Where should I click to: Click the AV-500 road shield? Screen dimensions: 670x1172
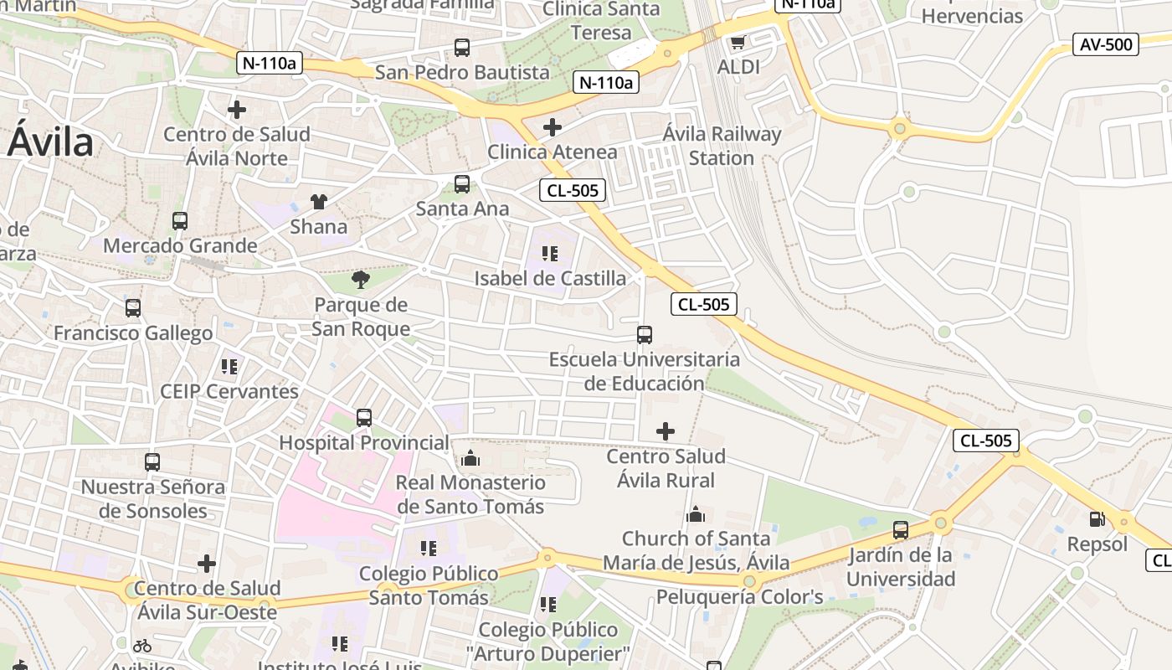1106,44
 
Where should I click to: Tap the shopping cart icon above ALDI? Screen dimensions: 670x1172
738,42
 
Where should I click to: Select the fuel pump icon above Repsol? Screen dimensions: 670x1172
1097,519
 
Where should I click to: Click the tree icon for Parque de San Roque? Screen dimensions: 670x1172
361,279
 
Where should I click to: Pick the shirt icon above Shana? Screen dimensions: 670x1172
319,201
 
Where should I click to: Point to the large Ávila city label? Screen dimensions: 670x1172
50,142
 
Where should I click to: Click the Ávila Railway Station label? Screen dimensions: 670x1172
722,146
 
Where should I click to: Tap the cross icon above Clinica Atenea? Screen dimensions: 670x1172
553,127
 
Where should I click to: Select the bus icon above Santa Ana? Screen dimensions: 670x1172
462,184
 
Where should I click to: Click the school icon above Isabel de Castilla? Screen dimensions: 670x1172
550,253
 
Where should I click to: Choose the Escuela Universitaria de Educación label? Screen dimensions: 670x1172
645,371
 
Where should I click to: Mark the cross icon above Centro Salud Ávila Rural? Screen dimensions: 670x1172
666,431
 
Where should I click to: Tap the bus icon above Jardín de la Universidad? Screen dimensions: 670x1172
901,529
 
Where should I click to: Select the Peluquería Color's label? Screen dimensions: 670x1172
739,597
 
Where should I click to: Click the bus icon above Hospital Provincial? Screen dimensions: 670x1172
364,417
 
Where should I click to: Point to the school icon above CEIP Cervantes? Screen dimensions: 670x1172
229,366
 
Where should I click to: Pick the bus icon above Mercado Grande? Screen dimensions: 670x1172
180,221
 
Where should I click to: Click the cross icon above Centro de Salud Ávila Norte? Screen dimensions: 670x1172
237,109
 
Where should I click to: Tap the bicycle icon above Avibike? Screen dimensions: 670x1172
142,646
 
